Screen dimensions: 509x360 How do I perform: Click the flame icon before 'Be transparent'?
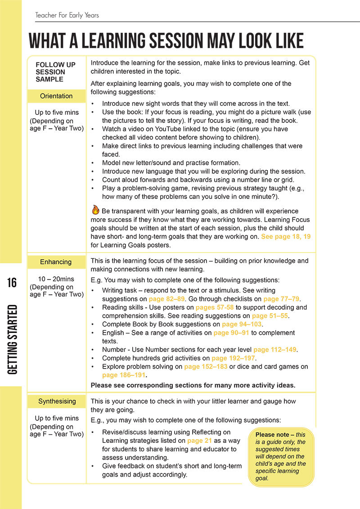(95, 210)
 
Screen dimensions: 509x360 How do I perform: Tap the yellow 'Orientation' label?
(56, 96)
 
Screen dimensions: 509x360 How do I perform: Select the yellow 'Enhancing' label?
(56, 262)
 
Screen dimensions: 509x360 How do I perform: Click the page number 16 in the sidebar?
(11, 283)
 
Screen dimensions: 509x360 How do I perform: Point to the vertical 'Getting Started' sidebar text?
(12, 339)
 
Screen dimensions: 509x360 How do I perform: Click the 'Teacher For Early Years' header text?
(67, 15)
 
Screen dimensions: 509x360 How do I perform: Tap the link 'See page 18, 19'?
(286, 236)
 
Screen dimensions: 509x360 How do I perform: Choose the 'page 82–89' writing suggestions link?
(167, 299)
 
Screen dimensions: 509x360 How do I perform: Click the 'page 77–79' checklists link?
(282, 299)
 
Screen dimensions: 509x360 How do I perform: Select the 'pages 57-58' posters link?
(215, 307)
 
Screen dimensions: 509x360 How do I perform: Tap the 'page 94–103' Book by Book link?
(242, 324)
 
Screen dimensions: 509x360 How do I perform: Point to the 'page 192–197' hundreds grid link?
(234, 358)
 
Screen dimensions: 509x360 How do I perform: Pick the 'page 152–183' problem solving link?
(206, 367)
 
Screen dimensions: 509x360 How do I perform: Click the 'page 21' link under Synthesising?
(199, 441)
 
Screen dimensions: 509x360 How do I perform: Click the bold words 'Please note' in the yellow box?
(274, 435)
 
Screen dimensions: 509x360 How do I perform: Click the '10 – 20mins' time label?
(56, 279)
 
